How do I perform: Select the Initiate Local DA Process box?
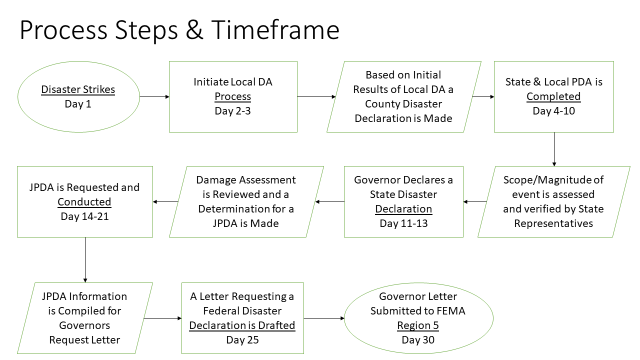click(x=232, y=96)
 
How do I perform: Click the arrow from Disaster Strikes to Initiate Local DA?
click(x=154, y=96)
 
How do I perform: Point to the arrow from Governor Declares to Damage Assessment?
click(x=330, y=201)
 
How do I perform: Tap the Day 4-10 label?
click(x=557, y=116)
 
